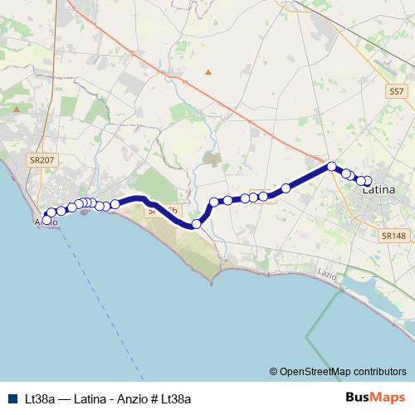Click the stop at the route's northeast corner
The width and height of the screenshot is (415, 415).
click(x=332, y=166)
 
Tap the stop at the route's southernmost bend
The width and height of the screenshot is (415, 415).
click(x=197, y=224)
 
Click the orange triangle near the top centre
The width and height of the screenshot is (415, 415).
click(x=208, y=72)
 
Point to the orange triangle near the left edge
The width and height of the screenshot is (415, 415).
click(x=16, y=109)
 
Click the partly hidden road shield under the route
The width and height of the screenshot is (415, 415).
click(x=162, y=212)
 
